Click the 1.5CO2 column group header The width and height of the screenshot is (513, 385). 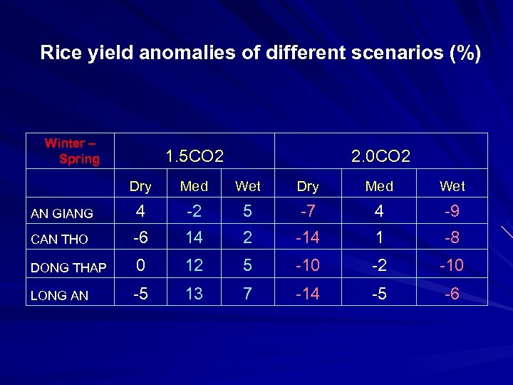tap(195, 155)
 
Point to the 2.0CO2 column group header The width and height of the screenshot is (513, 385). tap(381, 155)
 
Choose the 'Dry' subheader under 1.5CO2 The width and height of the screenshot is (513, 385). tap(140, 187)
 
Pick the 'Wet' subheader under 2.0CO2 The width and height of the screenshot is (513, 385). tap(452, 187)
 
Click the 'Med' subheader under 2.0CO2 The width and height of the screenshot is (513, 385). tap(379, 187)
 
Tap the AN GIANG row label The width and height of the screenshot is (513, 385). tap(63, 213)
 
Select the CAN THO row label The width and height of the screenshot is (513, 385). tap(58, 240)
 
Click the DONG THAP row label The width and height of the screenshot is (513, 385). tap(68, 268)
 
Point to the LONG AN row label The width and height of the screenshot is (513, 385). tap(59, 294)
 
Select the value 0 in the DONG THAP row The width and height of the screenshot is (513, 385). tap(140, 266)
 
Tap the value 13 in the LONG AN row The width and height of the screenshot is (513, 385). tap(195, 292)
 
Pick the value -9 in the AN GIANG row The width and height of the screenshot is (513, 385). tap(452, 212)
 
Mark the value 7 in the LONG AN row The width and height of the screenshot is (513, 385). tap(247, 292)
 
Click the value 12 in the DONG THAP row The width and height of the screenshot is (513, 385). tap(195, 266)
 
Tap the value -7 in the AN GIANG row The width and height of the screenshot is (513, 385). tap(308, 212)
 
